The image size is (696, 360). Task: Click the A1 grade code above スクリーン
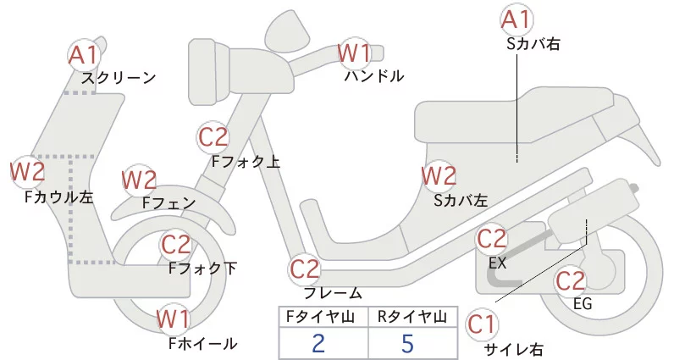[84, 56]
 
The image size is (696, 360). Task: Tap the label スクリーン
[119, 78]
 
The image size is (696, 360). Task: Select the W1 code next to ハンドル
[354, 53]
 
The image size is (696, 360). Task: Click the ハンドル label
[374, 76]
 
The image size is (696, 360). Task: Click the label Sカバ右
[533, 41]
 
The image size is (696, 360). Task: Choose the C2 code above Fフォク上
[213, 136]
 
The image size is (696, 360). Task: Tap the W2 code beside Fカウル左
[27, 172]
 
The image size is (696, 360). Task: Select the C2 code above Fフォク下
[176, 245]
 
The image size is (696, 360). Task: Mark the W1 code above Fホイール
[173, 319]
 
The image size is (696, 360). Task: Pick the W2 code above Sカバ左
[439, 176]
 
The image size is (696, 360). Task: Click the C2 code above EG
[571, 280]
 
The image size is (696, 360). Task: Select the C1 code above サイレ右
[483, 324]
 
